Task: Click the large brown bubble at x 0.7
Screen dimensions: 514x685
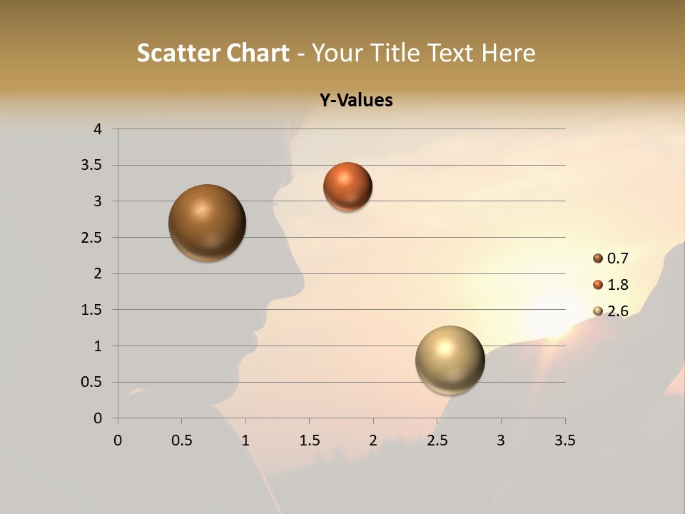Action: pos(208,223)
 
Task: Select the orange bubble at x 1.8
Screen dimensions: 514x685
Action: pos(347,186)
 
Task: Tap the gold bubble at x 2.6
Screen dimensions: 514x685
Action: pos(450,360)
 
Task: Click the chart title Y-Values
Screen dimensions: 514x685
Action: pos(356,100)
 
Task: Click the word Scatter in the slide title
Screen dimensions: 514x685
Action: pos(178,53)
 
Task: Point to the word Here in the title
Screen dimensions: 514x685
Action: pos(508,53)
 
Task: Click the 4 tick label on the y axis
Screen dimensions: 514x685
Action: pos(98,129)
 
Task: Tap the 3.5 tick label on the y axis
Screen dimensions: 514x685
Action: pos(93,166)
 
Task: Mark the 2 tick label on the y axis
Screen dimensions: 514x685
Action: pos(98,273)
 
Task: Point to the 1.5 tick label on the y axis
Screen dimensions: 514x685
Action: pos(93,310)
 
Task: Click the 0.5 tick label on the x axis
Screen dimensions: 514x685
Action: pos(181,440)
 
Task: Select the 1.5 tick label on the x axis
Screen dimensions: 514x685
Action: pos(309,440)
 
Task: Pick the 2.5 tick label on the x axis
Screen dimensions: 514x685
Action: pos(437,440)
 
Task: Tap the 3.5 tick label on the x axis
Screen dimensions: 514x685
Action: pos(564,440)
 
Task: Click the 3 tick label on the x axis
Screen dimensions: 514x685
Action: pos(501,440)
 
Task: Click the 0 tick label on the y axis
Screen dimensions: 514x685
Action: pos(98,418)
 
